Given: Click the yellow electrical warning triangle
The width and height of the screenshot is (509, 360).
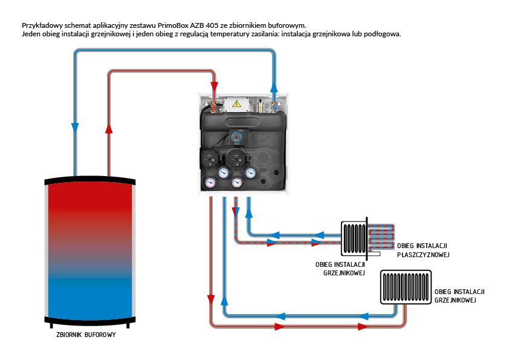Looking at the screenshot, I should click(237, 104).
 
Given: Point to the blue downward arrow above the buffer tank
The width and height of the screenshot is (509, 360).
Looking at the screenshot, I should click(74, 127).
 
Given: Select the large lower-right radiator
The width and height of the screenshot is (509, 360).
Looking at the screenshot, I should click(406, 287).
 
